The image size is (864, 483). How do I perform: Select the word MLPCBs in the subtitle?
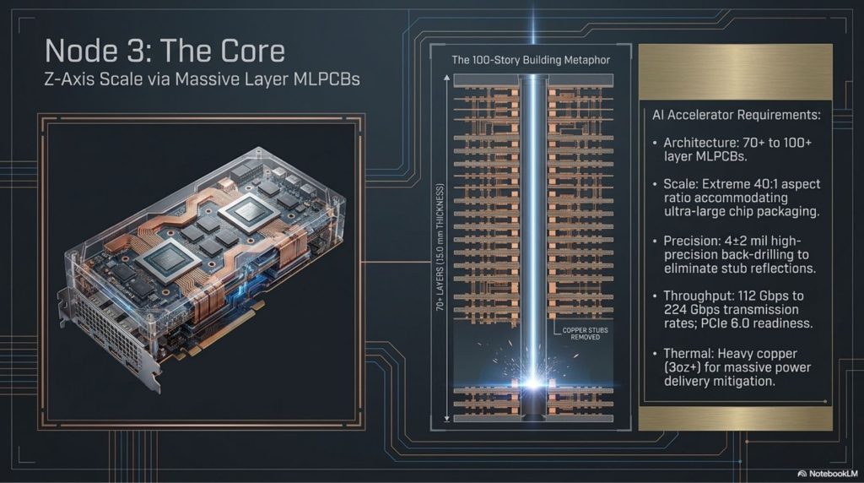click(x=327, y=79)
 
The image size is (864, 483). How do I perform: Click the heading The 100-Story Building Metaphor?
click(x=531, y=60)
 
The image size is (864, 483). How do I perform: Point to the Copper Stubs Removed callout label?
click(x=586, y=334)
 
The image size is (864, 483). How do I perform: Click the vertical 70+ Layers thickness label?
click(x=440, y=247)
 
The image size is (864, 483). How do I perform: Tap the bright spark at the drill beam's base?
click(x=533, y=382)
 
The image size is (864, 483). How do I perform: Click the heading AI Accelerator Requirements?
click(x=736, y=115)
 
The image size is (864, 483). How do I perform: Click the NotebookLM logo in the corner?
click(x=827, y=474)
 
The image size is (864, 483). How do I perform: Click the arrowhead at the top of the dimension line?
click(x=447, y=79)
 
